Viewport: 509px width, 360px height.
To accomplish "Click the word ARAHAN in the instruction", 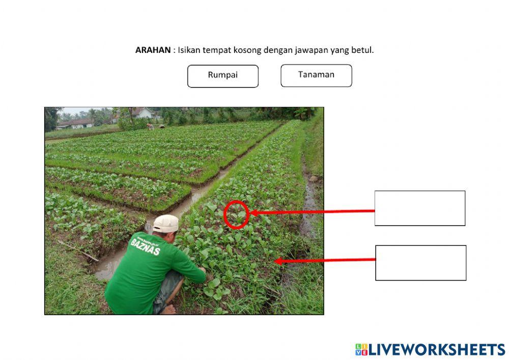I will [x=153, y=50].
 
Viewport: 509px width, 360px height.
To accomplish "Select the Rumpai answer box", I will [x=223, y=76].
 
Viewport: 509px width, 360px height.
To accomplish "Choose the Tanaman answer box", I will [x=316, y=75].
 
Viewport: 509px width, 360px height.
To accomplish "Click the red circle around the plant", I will [x=236, y=214].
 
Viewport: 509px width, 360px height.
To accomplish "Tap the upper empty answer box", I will [x=420, y=208].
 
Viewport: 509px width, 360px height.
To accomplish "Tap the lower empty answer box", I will [x=420, y=263].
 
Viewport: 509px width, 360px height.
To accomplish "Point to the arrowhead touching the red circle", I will [x=253, y=213].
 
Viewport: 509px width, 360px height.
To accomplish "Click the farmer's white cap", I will [x=166, y=223].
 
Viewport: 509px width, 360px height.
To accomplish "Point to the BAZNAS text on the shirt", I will [x=145, y=246].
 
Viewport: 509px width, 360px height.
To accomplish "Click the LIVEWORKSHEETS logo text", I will [x=437, y=349].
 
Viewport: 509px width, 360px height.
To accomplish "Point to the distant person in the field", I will [x=150, y=125].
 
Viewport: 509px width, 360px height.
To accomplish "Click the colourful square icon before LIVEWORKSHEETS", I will [x=361, y=349].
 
